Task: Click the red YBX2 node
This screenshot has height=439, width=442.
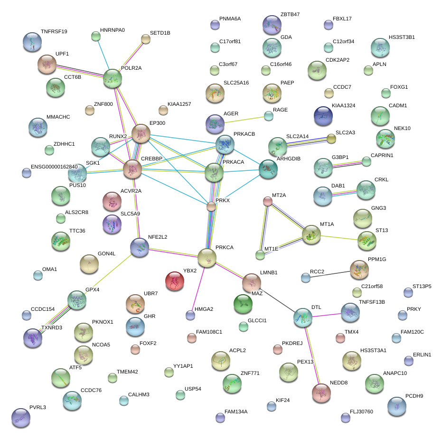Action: tap(175, 281)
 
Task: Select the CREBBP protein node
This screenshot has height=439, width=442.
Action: tap(132, 169)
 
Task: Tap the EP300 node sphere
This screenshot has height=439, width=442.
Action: tap(141, 134)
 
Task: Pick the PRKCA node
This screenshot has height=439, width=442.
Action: tap(207, 257)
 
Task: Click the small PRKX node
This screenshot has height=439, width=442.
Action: tap(211, 206)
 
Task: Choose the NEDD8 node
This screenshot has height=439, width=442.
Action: tap(321, 392)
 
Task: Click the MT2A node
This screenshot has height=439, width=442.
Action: tap(268, 201)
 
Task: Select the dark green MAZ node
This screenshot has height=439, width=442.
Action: tap(243, 304)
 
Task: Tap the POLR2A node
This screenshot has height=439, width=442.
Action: tap(113, 78)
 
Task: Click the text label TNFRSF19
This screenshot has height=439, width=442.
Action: tap(54, 32)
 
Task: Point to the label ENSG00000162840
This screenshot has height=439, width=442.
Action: tap(54, 167)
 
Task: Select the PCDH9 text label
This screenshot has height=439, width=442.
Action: tap(414, 396)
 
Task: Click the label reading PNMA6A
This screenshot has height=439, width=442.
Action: tap(230, 19)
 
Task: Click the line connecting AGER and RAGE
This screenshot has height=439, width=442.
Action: tap(242, 119)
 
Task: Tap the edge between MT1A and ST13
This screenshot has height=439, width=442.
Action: tap(339, 237)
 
